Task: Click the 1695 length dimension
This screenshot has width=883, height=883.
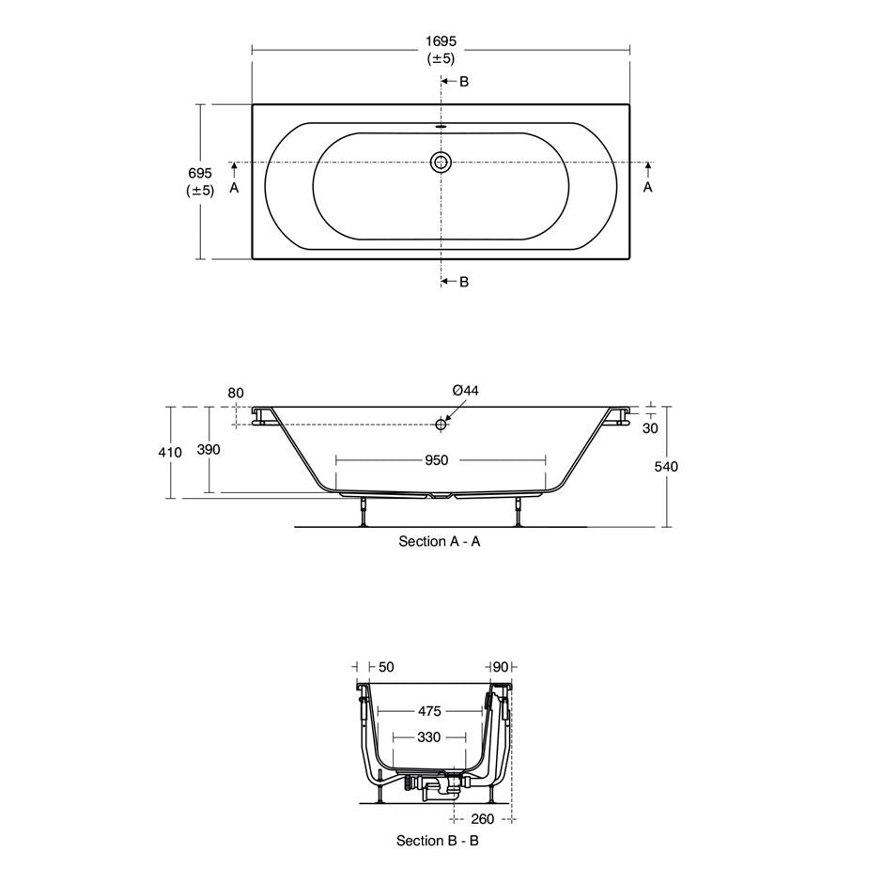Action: tap(441, 41)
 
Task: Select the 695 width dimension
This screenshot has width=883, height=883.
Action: tap(200, 174)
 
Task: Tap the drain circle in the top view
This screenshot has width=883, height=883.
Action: tap(441, 163)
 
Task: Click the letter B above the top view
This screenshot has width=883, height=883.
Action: tap(464, 82)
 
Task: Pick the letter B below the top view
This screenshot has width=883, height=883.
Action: tap(464, 282)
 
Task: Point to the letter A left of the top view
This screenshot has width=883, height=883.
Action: tap(235, 188)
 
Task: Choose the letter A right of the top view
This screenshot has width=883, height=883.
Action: tap(647, 188)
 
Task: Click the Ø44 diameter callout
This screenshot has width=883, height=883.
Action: tap(465, 391)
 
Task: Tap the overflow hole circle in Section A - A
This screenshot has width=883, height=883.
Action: tap(441, 425)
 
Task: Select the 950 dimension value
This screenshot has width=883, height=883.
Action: tap(436, 460)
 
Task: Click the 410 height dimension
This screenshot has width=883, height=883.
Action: tap(169, 453)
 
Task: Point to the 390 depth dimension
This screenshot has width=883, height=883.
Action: tap(209, 450)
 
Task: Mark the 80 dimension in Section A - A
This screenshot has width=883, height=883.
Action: tap(235, 393)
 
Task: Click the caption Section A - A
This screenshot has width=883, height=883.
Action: tap(439, 541)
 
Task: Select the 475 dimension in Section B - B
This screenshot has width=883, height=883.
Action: tap(429, 711)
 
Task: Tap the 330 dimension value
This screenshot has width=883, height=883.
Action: tap(428, 737)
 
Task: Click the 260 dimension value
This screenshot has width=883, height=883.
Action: tap(483, 818)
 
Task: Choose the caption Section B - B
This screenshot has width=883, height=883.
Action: tap(437, 841)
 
